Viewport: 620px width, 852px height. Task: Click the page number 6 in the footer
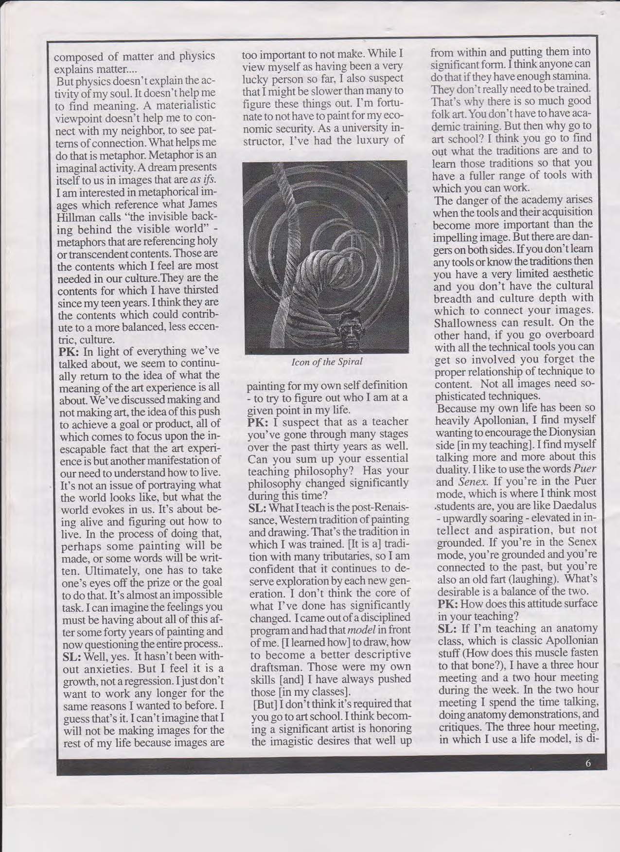[x=588, y=763]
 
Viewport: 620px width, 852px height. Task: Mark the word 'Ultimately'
[x=84, y=569]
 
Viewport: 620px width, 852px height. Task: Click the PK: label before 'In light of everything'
[x=69, y=351]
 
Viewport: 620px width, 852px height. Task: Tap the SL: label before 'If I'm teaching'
[x=446, y=629]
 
